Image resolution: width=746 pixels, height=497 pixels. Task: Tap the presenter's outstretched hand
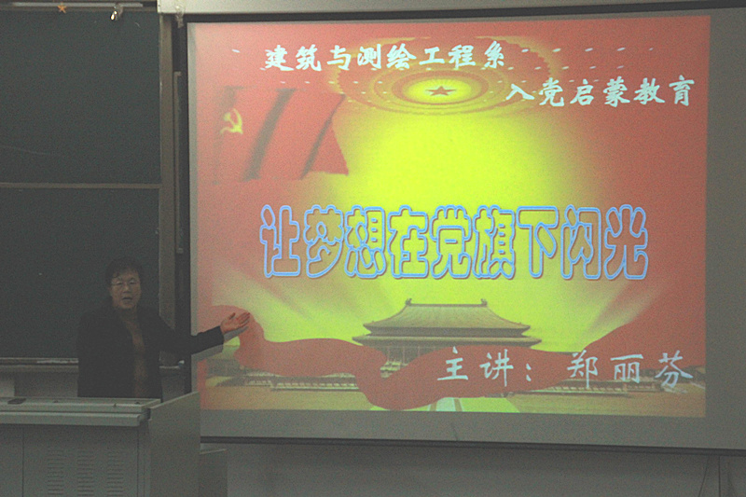point(234,322)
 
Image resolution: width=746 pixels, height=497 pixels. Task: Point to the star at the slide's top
point(439,90)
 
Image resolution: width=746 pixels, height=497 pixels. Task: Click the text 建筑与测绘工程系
point(384,60)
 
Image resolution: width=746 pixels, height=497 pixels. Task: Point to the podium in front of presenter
point(93,438)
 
